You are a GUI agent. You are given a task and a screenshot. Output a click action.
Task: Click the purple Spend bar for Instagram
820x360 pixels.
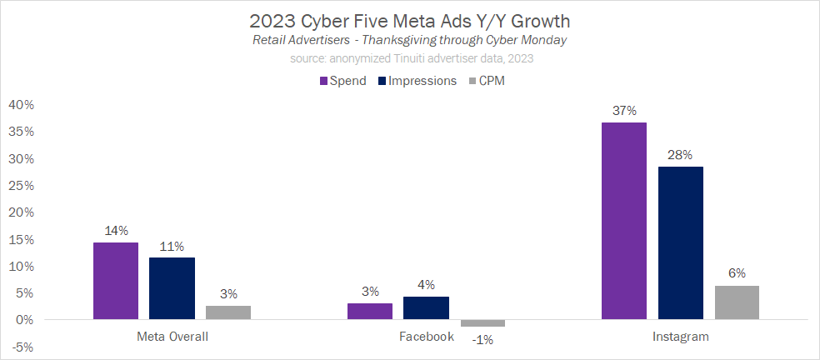[x=624, y=221]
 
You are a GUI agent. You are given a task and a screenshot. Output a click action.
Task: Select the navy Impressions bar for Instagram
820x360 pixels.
[x=680, y=242]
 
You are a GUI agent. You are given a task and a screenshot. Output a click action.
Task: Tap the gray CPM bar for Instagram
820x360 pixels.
[x=737, y=302]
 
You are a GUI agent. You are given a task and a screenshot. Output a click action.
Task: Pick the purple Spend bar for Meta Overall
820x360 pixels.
[x=116, y=281]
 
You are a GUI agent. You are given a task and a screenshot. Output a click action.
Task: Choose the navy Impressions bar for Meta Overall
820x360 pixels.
[x=172, y=288]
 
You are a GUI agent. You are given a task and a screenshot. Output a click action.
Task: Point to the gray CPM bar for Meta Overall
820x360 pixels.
[x=228, y=312]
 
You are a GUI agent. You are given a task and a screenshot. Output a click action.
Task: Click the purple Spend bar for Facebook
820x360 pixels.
[x=370, y=311]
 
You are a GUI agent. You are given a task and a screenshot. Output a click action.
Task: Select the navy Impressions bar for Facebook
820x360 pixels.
[x=426, y=308]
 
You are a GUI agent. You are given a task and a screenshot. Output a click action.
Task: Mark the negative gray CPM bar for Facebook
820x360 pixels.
[x=482, y=323]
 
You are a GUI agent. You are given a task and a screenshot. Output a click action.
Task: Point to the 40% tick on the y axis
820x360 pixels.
[x=20, y=105]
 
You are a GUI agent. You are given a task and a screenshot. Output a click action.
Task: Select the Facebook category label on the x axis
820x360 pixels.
[x=426, y=337]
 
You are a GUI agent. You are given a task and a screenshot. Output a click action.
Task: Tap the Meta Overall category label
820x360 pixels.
[x=172, y=337]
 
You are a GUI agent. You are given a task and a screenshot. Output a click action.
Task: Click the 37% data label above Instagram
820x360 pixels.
[x=624, y=111]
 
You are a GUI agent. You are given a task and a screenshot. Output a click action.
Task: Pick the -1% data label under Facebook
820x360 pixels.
[x=482, y=340]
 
